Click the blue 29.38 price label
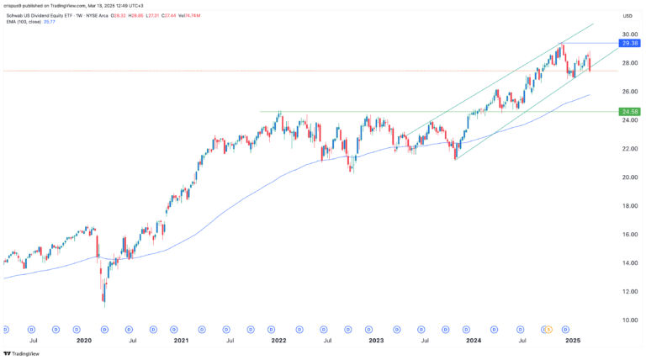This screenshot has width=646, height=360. point(630,43)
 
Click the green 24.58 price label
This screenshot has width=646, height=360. point(630,112)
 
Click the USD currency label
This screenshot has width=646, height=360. point(627,16)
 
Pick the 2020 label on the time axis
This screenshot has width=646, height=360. point(84,341)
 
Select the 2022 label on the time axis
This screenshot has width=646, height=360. point(278,341)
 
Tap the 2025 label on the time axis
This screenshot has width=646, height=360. point(573,341)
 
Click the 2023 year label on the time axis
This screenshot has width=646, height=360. point(376,341)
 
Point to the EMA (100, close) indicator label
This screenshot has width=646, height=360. point(24,24)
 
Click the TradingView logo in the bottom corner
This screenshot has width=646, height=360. point(21,353)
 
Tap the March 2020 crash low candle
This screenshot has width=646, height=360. point(104,303)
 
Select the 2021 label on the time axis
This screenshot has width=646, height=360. point(181,341)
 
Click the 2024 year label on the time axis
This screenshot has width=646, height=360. point(474,341)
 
